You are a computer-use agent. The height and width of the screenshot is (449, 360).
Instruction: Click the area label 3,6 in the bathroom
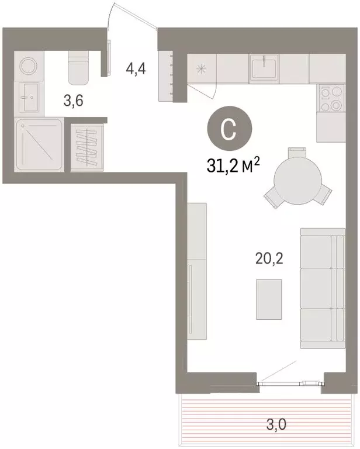tap(72, 100)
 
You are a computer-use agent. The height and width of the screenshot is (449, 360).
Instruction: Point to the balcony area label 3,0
tap(270, 424)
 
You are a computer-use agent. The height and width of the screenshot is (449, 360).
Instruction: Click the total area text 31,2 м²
tap(231, 167)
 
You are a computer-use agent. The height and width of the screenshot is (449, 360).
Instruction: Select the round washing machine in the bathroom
tap(28, 67)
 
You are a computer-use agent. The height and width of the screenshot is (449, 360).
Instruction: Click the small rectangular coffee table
tap(269, 299)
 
